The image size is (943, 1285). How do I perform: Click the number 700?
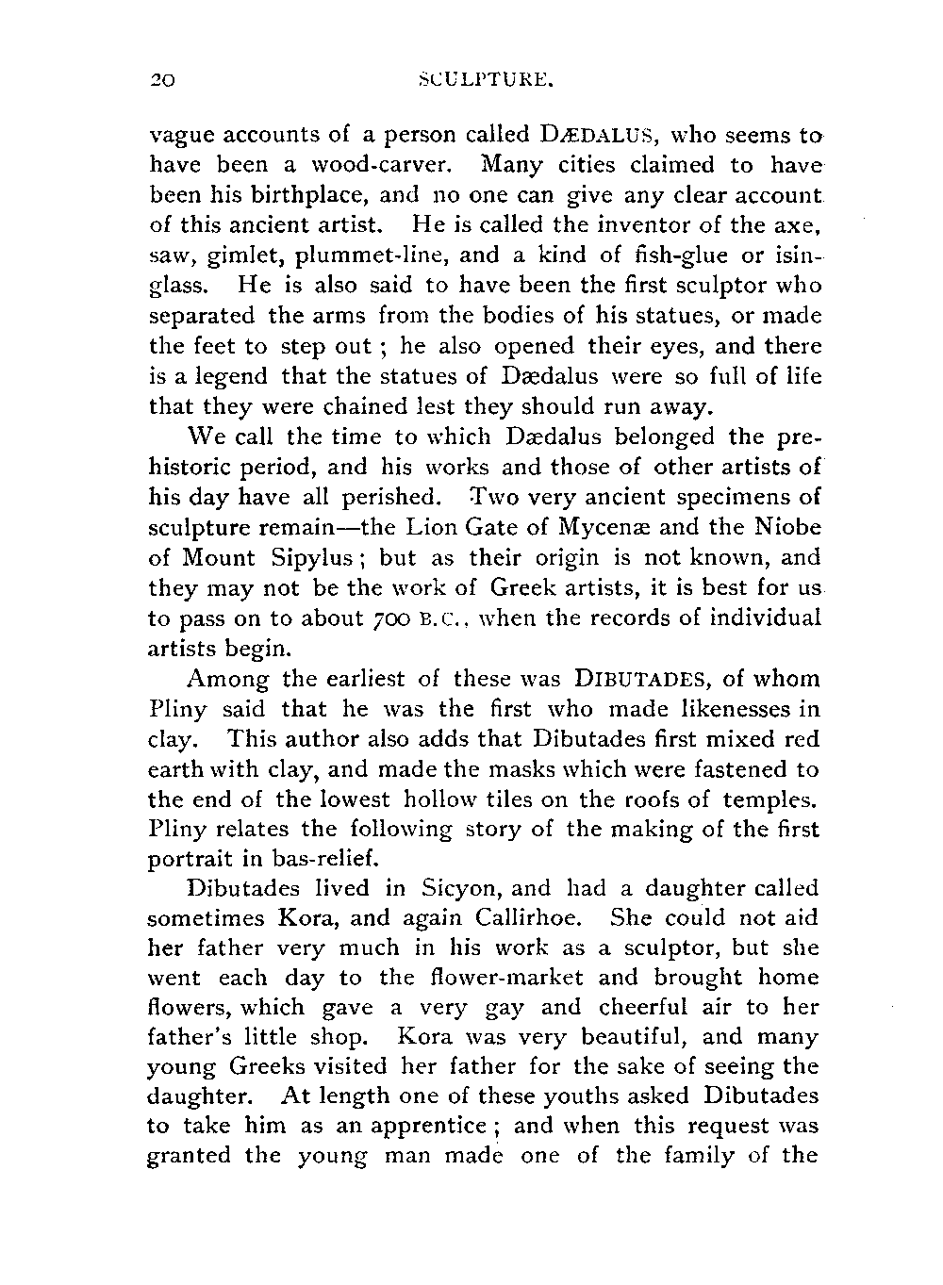pyautogui.click(x=384, y=618)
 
